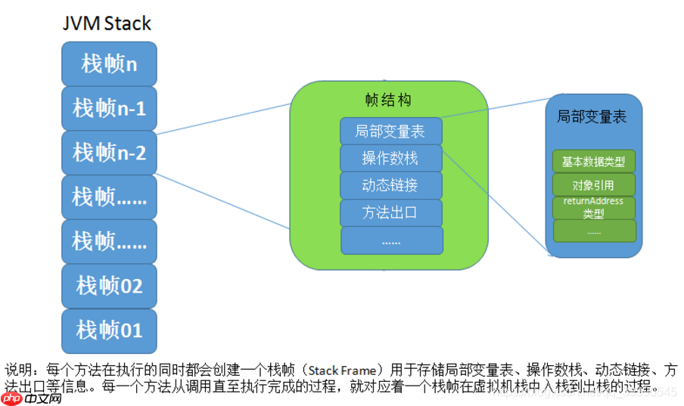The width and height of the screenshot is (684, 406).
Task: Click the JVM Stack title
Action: coord(107,23)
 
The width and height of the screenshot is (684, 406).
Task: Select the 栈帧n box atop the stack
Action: coord(109,64)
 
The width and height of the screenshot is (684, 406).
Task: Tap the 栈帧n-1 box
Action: coord(109,108)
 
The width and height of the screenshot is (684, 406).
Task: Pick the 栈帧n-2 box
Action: coord(109,152)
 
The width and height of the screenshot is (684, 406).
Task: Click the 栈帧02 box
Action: coord(109,286)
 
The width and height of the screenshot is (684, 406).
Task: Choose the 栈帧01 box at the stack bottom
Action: coord(109,330)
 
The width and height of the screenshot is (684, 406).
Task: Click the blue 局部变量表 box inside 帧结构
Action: coord(390,131)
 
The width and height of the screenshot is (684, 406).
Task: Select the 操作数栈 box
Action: coord(390,158)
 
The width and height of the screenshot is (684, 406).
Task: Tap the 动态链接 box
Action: coord(390,185)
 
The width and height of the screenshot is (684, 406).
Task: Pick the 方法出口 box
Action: coord(390,212)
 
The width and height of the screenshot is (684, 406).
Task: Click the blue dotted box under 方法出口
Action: coord(390,240)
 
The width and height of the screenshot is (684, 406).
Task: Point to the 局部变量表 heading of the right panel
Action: coord(592,116)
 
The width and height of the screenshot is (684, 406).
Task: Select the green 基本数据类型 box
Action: coord(594,161)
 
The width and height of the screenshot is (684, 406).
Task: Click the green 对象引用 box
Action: coord(594,184)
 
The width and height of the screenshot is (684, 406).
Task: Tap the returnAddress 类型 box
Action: coord(594,208)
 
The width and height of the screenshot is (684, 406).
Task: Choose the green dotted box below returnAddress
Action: coord(594,231)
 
